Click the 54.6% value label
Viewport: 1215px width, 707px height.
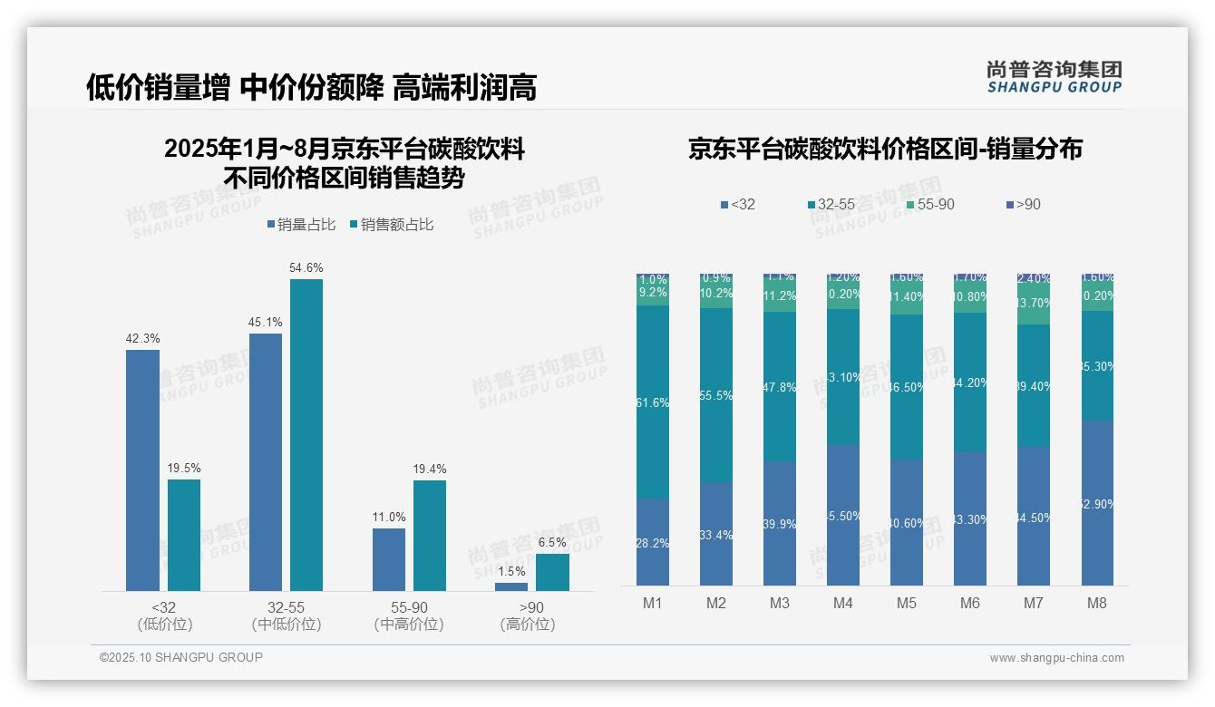click(x=306, y=267)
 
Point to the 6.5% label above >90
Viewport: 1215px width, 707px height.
click(x=552, y=542)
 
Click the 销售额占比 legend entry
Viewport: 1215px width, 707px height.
click(x=391, y=224)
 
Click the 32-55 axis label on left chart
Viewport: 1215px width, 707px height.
click(x=286, y=607)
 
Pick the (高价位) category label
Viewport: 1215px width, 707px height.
click(x=527, y=625)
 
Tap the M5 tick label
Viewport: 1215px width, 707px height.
click(x=907, y=603)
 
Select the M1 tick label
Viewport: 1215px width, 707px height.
click(x=653, y=603)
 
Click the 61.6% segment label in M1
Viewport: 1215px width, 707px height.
click(x=653, y=402)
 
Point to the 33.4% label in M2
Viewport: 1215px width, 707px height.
click(x=716, y=535)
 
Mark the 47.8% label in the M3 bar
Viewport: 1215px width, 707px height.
click(x=780, y=387)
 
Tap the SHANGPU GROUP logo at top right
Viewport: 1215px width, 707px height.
click(x=1054, y=76)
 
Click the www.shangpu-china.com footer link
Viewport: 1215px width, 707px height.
click(x=1056, y=658)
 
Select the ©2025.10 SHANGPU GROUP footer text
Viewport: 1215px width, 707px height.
click(x=181, y=657)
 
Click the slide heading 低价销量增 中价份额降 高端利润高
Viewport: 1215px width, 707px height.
click(x=311, y=87)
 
